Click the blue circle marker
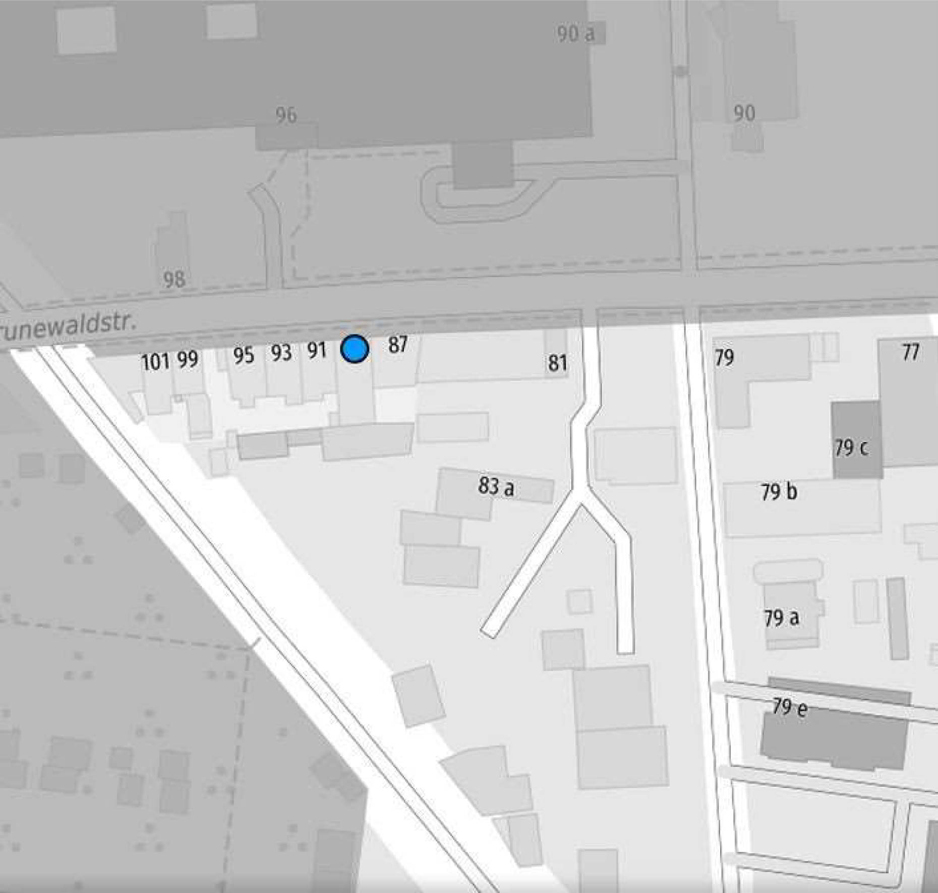355,349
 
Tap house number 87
397,345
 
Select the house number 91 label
317,350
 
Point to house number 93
281,353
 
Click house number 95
243,355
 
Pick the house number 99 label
188,360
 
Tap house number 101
155,362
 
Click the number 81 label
557,363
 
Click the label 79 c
851,448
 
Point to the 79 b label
779,491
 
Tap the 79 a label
781,618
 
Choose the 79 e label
789,708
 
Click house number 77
910,352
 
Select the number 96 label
286,116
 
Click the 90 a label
575,34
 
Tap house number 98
174,279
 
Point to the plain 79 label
724,358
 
